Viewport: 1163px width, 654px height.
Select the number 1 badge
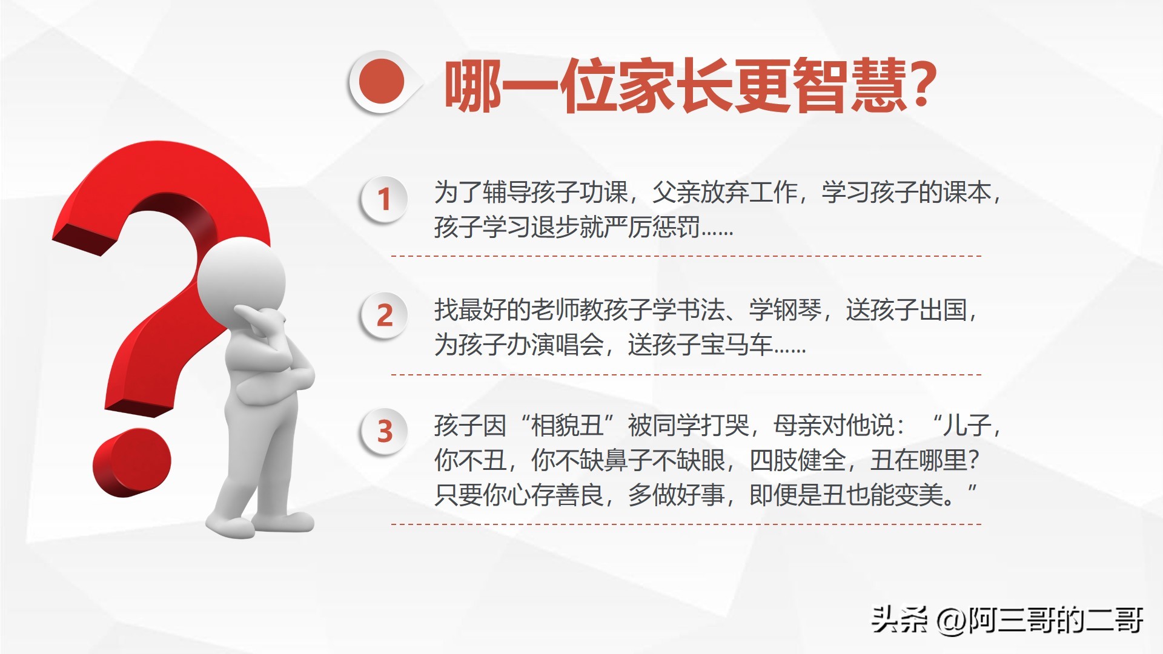[x=384, y=199]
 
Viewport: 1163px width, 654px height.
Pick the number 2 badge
[x=384, y=315]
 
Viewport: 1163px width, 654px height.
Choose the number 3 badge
[x=384, y=432]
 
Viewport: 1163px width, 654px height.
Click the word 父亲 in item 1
[x=676, y=193]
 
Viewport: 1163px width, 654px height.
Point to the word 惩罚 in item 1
[x=676, y=227]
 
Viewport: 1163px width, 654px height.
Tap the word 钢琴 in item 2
[x=797, y=309]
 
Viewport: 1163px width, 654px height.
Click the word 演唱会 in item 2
[x=567, y=345]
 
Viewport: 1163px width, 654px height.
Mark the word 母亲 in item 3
[x=797, y=425]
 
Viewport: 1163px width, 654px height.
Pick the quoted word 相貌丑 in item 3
[x=567, y=425]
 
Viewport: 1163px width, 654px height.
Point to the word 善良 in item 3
[x=579, y=495]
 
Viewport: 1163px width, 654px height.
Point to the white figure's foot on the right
[x=285, y=521]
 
